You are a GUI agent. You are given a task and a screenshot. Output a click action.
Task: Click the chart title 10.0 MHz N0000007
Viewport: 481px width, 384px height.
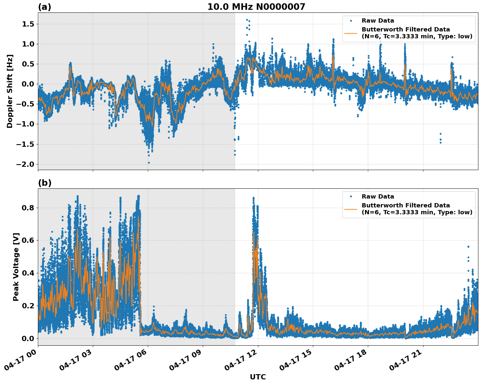[256, 7]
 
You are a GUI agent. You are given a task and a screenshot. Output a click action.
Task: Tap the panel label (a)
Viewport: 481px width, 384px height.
[44, 7]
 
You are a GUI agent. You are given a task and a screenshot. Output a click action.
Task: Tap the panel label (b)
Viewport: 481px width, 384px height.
[44, 183]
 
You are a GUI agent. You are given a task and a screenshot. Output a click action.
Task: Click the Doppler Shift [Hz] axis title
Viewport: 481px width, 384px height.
[10, 91]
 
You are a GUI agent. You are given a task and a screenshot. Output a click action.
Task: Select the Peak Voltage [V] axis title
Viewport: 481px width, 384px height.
[16, 267]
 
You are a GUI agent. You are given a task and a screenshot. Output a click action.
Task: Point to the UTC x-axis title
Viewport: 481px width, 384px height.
[258, 377]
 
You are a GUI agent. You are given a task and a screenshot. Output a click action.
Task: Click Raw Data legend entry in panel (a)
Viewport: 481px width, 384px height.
[378, 21]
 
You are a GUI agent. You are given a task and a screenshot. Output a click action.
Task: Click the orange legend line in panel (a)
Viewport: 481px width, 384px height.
[351, 33]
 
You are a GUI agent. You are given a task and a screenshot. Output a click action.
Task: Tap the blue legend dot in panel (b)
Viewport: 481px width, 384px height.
[351, 197]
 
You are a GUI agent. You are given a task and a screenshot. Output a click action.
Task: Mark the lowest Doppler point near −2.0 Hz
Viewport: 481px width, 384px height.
[149, 163]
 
